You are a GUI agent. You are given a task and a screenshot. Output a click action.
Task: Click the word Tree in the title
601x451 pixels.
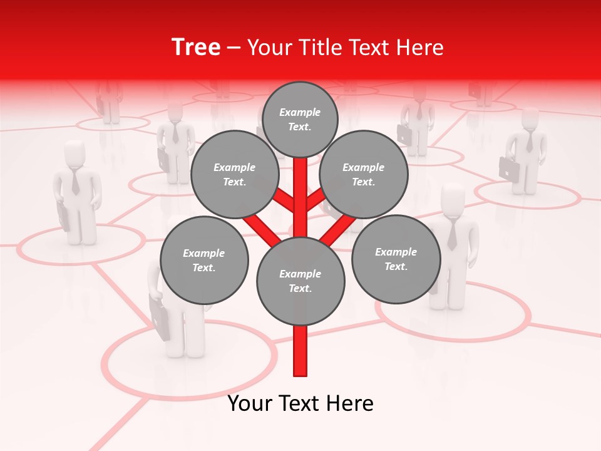point(196,48)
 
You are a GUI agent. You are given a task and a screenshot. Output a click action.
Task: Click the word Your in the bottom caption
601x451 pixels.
point(250,403)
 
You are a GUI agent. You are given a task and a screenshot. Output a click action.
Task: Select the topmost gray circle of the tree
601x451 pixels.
point(300,119)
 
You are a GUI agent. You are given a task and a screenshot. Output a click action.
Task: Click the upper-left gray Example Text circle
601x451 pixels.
point(234,174)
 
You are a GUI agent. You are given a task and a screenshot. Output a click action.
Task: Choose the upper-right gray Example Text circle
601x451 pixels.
point(363,174)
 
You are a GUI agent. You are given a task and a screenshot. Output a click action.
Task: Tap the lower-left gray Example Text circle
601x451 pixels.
point(203,260)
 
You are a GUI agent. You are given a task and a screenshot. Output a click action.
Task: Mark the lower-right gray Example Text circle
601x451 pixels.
point(396,259)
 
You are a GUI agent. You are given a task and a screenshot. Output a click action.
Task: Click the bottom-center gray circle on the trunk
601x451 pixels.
point(300,281)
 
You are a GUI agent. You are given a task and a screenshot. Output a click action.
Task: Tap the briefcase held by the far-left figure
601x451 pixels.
point(64,217)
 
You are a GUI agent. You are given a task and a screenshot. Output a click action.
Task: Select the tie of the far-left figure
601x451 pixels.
point(76,181)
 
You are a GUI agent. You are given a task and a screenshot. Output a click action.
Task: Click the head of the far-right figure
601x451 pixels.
point(530,118)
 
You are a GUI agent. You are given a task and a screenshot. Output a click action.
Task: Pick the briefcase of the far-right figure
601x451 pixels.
point(508,168)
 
